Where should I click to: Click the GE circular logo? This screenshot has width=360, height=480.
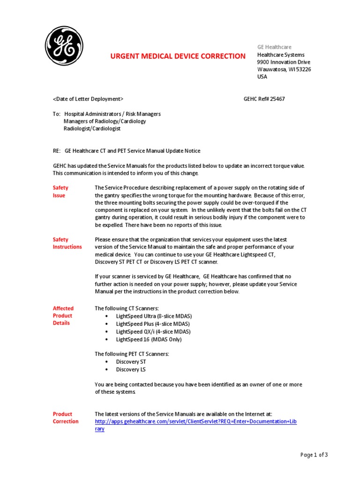(64, 46)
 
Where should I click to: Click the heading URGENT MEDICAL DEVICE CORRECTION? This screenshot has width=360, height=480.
(177, 56)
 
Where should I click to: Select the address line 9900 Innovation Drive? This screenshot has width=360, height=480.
(284, 62)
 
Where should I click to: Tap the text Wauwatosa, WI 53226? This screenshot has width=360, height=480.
(284, 69)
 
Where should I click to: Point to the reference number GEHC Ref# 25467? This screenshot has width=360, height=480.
(264, 99)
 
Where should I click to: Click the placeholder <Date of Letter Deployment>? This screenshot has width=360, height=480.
(88, 99)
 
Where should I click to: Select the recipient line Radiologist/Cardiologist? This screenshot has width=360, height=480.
(92, 128)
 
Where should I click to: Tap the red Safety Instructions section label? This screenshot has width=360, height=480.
(67, 243)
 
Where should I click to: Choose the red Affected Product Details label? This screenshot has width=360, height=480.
(63, 315)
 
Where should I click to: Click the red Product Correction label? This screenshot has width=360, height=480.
(66, 418)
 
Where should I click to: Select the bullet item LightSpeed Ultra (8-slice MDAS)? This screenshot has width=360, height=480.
(154, 316)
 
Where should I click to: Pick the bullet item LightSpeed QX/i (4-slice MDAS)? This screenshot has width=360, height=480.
(153, 331)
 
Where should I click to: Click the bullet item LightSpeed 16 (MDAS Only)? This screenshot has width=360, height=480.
(149, 339)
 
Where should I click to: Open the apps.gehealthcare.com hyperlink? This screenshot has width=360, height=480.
(195, 421)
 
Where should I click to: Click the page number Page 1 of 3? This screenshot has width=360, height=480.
(314, 455)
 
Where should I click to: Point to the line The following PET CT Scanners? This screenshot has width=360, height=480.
(132, 354)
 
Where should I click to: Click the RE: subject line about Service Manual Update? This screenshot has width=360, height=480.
(127, 151)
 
